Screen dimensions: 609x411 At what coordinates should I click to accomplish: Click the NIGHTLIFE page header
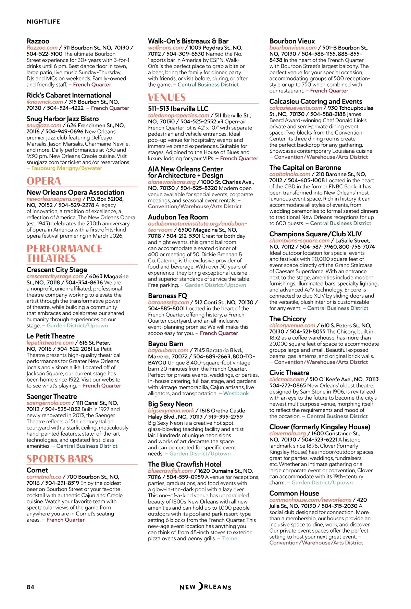tap(43, 22)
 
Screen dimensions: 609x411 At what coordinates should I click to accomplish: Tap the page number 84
tap(30, 587)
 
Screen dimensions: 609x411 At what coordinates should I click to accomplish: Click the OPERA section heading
tap(44, 181)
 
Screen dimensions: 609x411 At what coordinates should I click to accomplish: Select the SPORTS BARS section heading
tap(60, 459)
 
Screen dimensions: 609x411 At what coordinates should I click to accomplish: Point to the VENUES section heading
tap(167, 98)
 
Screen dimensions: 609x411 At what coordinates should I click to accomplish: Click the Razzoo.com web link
tap(42, 48)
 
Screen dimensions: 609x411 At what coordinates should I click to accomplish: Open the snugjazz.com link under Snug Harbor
tap(44, 125)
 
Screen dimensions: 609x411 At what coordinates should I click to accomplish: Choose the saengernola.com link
tap(48, 403)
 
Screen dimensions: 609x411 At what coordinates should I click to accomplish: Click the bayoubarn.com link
tap(168, 350)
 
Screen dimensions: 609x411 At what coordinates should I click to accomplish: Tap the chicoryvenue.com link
tap(292, 325)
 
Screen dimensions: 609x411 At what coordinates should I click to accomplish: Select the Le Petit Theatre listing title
tap(51, 336)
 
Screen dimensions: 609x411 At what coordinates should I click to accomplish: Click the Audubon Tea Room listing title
tap(178, 217)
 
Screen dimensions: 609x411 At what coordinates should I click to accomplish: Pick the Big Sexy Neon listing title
tap(170, 404)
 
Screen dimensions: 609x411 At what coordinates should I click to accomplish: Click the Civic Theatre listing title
tap(289, 373)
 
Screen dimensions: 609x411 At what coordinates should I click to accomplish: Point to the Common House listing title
tap(294, 493)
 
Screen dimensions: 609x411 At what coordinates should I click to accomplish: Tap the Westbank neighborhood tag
tap(236, 393)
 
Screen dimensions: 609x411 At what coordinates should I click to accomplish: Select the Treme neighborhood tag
tap(229, 538)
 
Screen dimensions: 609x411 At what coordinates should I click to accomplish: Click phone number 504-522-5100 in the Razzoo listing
tap(45, 54)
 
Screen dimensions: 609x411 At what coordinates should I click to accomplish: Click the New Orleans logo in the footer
tap(206, 587)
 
